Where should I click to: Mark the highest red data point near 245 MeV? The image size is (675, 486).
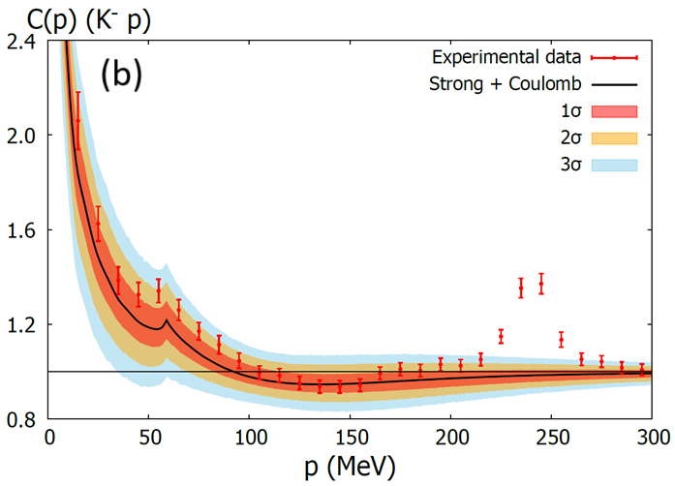[541, 282]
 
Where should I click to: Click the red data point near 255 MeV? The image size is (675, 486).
[562, 339]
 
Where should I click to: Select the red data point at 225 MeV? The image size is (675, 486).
[501, 336]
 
